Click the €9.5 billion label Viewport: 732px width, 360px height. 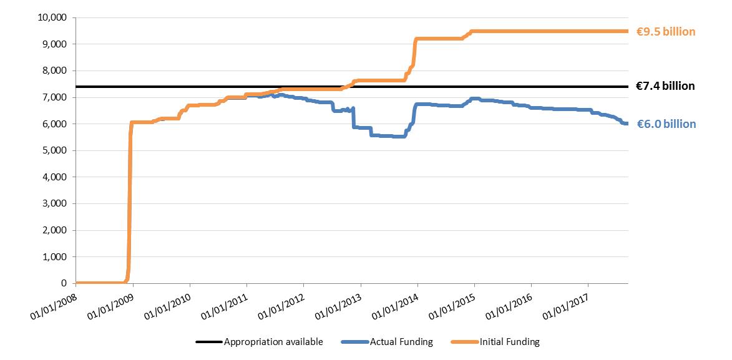[x=665, y=32]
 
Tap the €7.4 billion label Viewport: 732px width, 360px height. [x=665, y=86]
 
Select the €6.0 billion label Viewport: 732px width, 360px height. [x=666, y=124]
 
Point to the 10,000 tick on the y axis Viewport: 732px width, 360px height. [x=54, y=17]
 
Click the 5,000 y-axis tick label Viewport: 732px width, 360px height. [x=56, y=150]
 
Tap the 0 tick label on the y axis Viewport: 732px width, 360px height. [x=65, y=283]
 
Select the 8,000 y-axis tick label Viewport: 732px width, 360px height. [x=56, y=71]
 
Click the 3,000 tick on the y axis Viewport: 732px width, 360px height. [x=56, y=203]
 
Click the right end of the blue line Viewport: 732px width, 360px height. [x=627, y=124]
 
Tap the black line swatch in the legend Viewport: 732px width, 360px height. [x=208, y=342]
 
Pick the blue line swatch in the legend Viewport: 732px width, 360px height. [x=354, y=342]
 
